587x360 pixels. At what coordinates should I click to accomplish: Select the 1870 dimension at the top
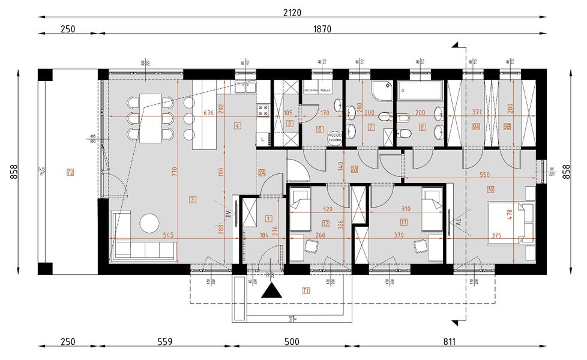[x=322, y=29]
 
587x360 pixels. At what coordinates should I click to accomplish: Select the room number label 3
[x=193, y=199]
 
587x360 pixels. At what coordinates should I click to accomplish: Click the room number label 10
[x=490, y=191]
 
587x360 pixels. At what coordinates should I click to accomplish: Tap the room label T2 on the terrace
[x=70, y=173]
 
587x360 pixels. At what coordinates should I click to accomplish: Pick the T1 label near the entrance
[x=306, y=291]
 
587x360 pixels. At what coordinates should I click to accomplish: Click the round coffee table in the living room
[x=149, y=223]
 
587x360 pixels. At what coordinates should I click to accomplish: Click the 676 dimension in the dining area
[x=208, y=113]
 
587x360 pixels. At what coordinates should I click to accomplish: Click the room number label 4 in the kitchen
[x=238, y=125]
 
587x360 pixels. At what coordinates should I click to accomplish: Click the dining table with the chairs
[x=151, y=116]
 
